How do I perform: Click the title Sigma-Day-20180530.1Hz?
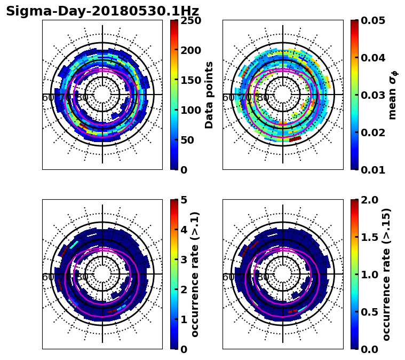pos(102,11)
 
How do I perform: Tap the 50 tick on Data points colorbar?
pos(190,140)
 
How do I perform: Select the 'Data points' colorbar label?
pos(209,95)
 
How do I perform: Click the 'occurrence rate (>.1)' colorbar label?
pos(195,275)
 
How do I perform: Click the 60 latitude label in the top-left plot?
pos(48,98)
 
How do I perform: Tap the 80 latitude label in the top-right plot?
pos(263,98)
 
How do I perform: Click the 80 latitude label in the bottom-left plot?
pos(83,277)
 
